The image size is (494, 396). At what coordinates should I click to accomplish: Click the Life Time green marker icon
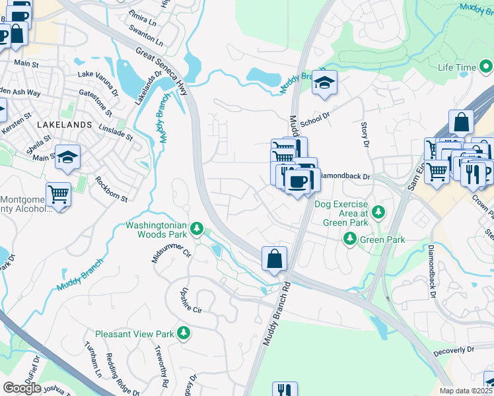pos(486,67)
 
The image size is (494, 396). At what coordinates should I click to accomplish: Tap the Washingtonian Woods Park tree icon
pos(196,228)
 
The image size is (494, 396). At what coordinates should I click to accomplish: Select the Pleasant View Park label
pos(135,334)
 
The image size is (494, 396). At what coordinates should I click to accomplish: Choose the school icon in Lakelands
pos(67,157)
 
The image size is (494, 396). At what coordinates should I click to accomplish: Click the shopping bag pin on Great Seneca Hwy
pos(274,259)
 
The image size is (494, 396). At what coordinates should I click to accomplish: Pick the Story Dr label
pos(364,134)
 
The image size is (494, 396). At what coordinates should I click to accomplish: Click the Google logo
pos(22,387)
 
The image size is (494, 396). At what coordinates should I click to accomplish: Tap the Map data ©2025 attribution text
pos(466,391)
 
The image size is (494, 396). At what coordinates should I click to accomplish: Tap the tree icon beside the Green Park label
pos(350,240)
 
